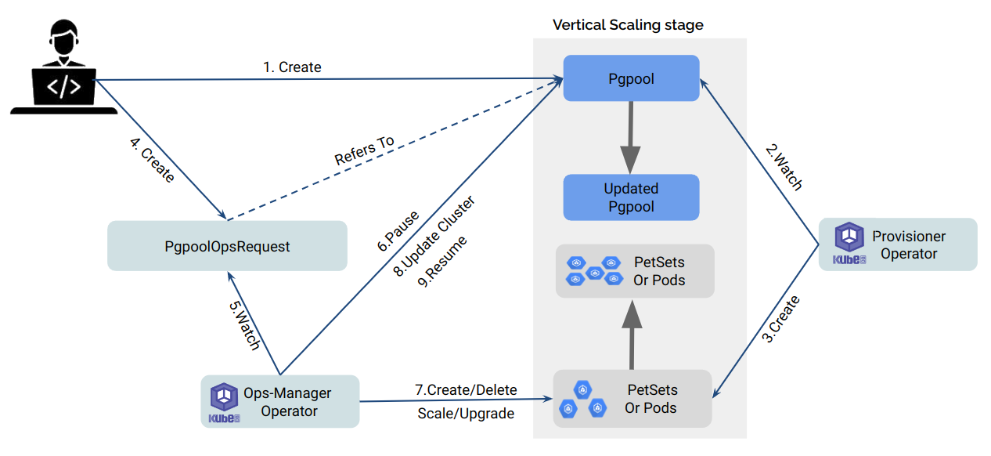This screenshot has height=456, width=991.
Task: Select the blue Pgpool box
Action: pos(631,78)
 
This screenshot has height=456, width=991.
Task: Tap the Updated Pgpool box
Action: pos(631,197)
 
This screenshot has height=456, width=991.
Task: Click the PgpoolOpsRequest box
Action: pos(227,246)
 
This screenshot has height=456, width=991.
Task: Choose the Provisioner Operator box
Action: pos(898,244)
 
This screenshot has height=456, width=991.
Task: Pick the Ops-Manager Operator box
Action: pos(280,401)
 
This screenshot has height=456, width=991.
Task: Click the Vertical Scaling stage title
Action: pos(628,25)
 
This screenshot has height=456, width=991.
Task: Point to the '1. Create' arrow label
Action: pos(292,67)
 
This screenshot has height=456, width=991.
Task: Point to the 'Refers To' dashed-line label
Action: pos(365,150)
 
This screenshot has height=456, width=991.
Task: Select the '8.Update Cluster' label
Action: pos(435,235)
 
